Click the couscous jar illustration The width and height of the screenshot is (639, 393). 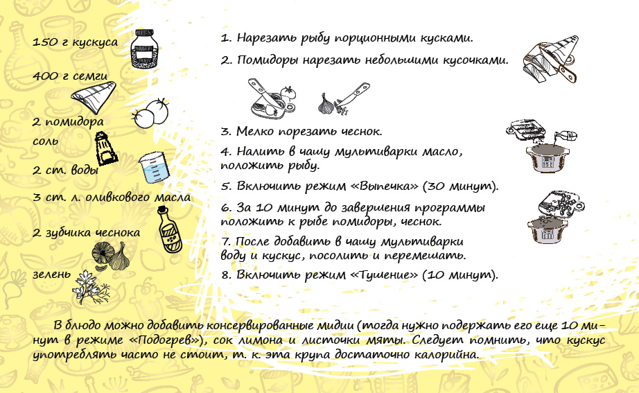144,49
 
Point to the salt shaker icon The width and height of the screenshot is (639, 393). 105,148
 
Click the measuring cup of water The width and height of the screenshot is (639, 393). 154,168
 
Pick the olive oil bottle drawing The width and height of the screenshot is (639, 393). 169,229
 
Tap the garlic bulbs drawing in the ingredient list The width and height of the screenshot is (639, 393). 110,256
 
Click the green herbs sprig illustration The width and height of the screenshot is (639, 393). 91,287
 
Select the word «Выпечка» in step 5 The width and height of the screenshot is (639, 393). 385,186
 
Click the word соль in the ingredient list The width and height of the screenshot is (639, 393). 46,141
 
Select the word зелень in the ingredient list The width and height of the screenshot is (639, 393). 52,274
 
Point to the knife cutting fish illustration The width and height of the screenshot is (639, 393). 550,60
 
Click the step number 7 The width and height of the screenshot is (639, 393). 226,242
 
